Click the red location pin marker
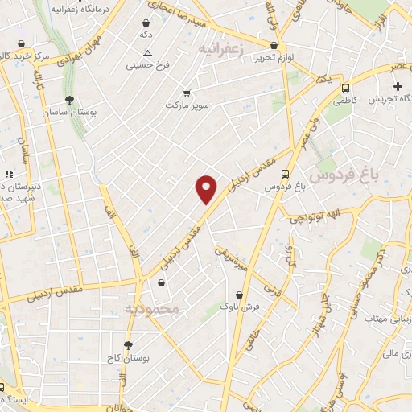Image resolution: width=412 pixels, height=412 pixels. (207, 189)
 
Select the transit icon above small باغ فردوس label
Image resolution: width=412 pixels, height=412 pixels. (285, 173)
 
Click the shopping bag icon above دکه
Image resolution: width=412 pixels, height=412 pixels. (145, 23)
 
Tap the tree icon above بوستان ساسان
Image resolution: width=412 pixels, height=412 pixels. (71, 101)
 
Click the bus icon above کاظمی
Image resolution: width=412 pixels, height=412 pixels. (344, 89)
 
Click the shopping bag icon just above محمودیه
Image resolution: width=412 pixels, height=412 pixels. (163, 283)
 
